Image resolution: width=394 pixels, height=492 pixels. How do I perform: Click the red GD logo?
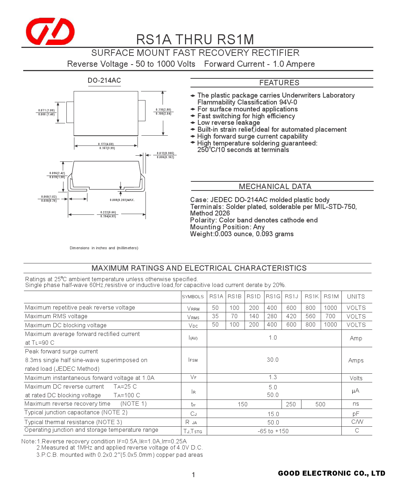50,31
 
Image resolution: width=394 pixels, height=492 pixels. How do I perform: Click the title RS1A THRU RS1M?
195,39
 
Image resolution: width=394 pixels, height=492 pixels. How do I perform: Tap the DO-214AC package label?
104,81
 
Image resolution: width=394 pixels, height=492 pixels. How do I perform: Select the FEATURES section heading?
279,83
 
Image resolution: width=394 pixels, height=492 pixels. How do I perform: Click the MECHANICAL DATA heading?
275,186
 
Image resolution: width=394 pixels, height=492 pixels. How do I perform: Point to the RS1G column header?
273,296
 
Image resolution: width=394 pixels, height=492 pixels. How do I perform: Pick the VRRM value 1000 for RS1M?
330,308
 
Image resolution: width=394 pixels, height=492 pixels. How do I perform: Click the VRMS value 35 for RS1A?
215,316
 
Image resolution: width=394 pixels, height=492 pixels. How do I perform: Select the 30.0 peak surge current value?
272,360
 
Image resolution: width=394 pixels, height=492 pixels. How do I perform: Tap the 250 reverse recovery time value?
291,404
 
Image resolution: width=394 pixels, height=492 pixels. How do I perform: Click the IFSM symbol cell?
193,360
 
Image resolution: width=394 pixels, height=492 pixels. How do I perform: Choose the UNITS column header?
356,296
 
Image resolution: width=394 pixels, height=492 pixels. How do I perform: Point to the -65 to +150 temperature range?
273,431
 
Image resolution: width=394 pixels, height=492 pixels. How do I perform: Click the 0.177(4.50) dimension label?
106,144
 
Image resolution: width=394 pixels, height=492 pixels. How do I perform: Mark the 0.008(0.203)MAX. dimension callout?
122,200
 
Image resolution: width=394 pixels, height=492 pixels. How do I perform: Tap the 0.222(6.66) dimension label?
108,212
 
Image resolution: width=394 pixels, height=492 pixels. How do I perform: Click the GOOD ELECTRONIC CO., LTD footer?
331,473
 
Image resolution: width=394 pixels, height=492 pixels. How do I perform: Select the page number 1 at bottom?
193,475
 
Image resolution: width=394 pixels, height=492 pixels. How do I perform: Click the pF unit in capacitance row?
356,414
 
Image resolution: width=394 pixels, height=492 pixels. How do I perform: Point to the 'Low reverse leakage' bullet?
229,123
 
